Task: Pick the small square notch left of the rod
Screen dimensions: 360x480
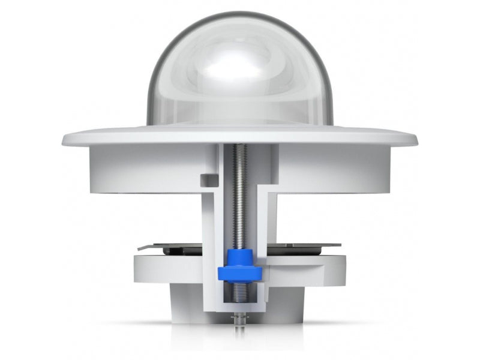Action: (208, 179)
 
